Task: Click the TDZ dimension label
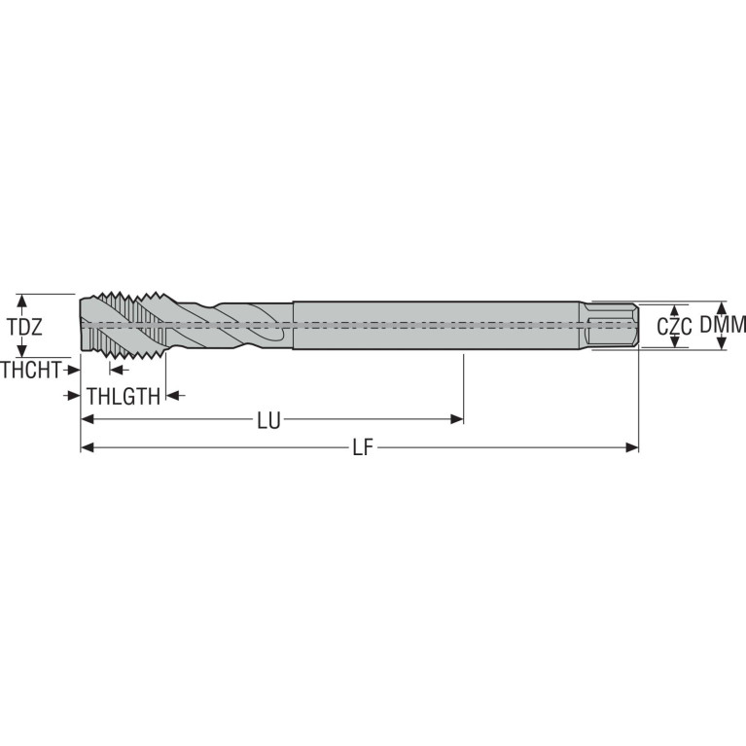point(24,327)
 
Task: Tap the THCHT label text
point(31,370)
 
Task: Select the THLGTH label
point(124,396)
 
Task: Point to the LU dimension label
point(268,420)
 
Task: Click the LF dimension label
point(363,447)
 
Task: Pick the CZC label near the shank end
point(674,327)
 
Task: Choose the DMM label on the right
point(723,325)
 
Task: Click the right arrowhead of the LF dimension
point(632,447)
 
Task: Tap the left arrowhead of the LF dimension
point(88,447)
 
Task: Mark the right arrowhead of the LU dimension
point(457,419)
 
